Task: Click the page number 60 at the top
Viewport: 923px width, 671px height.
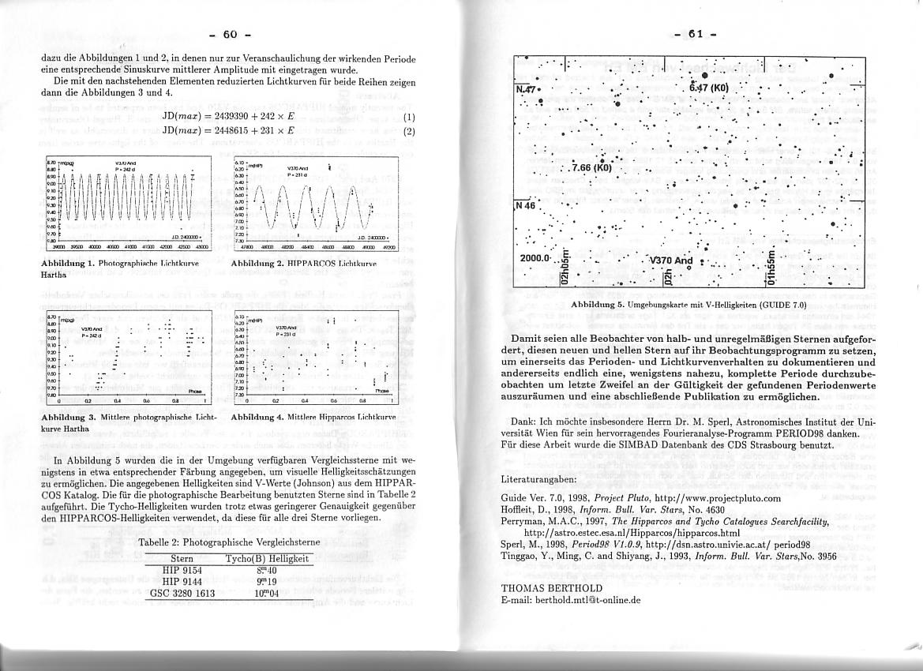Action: pyautogui.click(x=230, y=34)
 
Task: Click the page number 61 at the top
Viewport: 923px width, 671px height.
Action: pyautogui.click(x=696, y=34)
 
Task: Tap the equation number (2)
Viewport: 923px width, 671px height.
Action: pyautogui.click(x=408, y=132)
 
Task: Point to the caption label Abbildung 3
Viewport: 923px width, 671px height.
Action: pyautogui.click(x=69, y=415)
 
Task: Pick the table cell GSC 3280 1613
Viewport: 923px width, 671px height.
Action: pyautogui.click(x=182, y=593)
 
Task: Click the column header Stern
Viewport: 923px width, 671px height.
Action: pyautogui.click(x=182, y=559)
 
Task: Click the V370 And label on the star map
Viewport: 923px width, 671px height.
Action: pyautogui.click(x=670, y=261)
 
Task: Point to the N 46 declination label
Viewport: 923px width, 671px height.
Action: pyautogui.click(x=526, y=205)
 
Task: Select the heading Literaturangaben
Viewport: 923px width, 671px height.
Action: pyautogui.click(x=538, y=479)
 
